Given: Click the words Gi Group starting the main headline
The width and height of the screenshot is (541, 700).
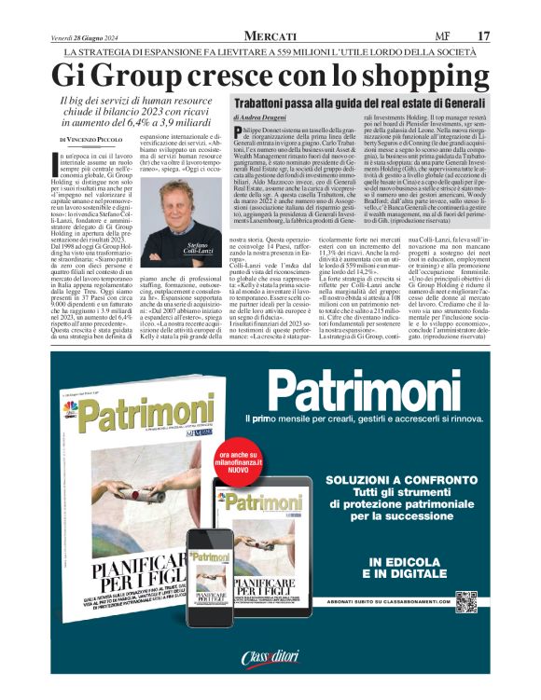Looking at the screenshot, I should (104, 75).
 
